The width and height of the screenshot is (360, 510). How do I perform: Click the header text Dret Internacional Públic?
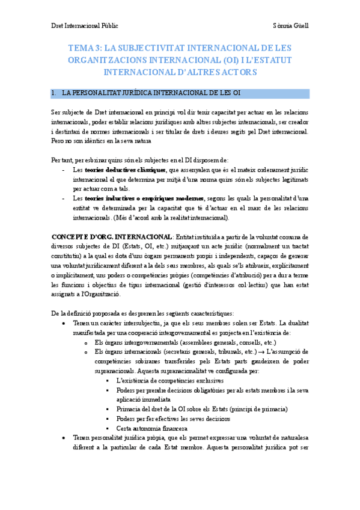84,26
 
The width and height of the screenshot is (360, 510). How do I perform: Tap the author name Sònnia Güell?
290,26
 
